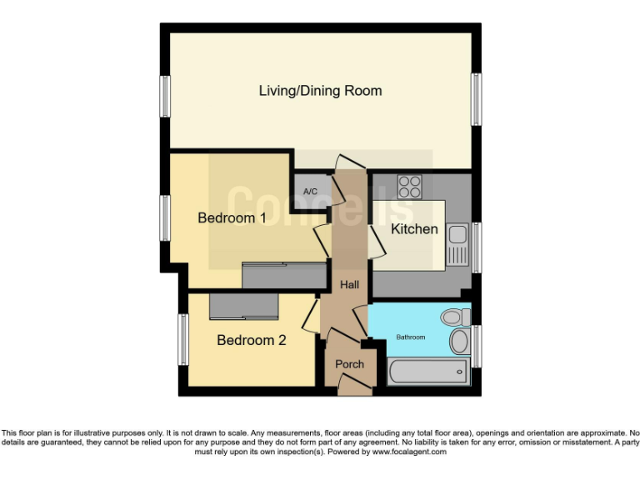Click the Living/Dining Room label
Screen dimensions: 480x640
320,91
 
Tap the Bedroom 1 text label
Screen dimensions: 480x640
232,218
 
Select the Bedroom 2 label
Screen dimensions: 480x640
252,340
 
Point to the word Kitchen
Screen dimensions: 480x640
414,228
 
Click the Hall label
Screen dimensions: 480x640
349,285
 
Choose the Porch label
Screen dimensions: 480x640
349,364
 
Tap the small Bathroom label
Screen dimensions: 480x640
410,337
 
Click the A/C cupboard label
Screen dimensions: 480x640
310,192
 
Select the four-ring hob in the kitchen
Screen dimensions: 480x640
409,186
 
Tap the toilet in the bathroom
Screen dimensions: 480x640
456,317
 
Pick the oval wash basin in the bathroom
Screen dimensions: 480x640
459,342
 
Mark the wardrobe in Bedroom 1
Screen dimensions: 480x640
283,275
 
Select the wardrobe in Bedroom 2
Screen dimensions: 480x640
242,307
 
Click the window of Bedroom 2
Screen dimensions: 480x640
182,339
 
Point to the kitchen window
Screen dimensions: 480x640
476,247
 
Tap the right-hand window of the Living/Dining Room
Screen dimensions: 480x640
476,100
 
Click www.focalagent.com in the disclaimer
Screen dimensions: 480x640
408,452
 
